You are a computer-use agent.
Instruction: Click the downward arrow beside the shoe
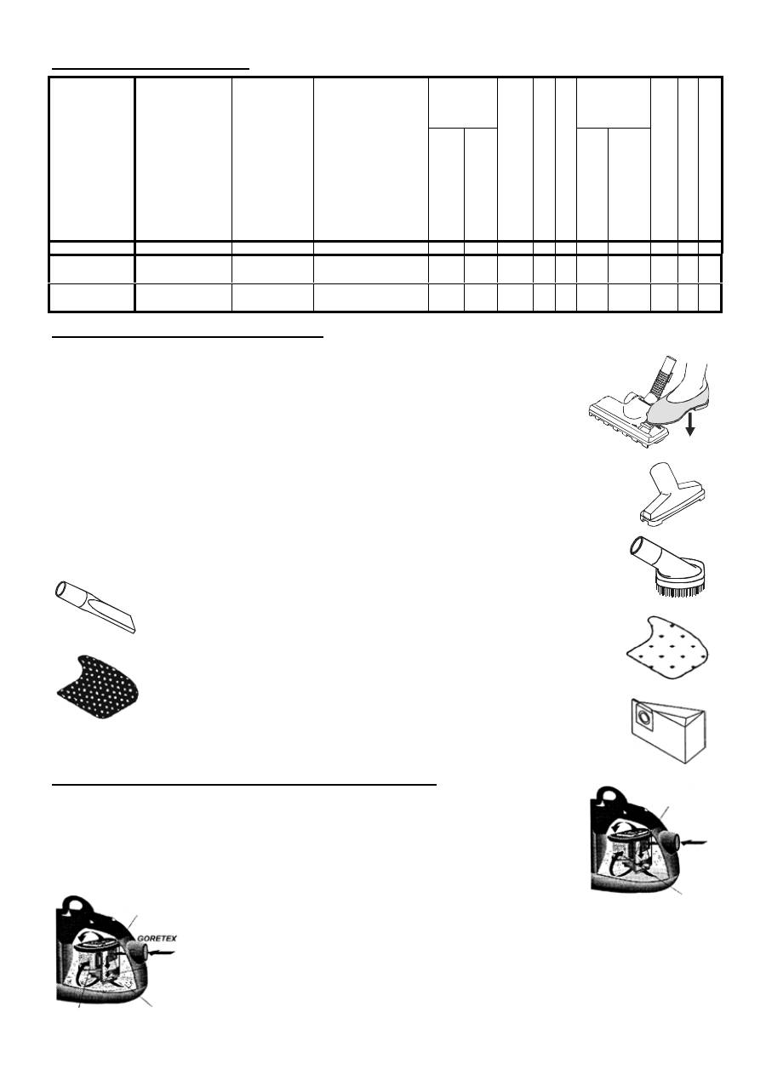[x=690, y=422]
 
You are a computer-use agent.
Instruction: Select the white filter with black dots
[x=666, y=649]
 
